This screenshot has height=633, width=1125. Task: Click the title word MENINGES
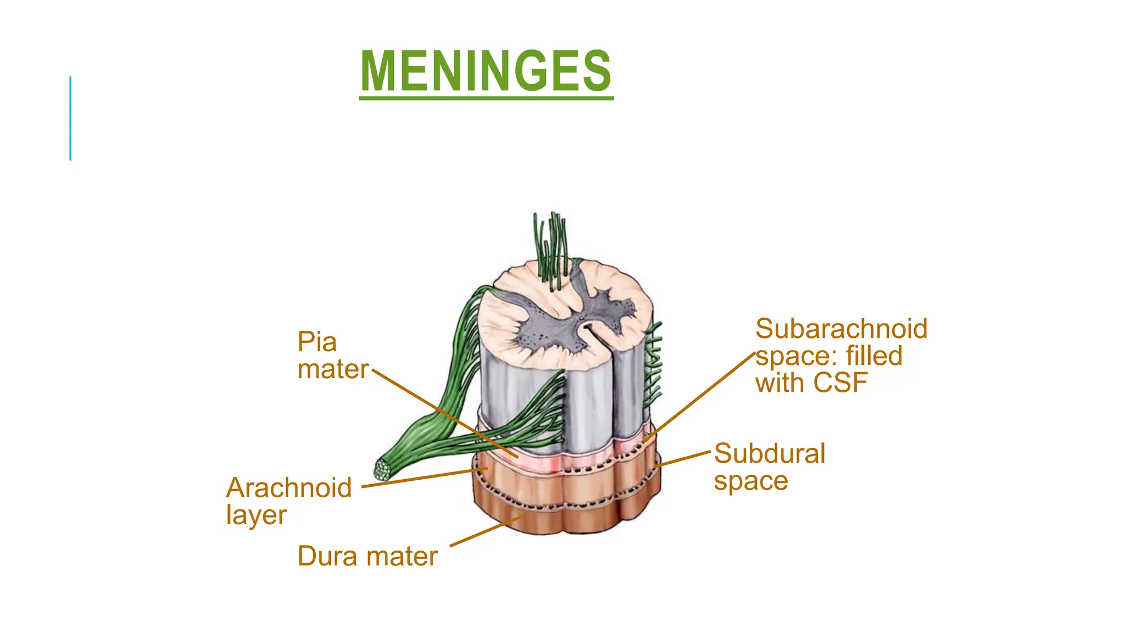(x=486, y=71)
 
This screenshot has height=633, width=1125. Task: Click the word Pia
(x=317, y=342)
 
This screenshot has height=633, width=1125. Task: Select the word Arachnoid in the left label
(x=289, y=487)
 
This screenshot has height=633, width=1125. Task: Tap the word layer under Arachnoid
(x=257, y=515)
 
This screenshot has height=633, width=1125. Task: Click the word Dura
(x=328, y=556)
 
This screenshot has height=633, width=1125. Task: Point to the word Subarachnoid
(x=842, y=329)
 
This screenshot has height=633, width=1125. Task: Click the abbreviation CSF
(x=840, y=383)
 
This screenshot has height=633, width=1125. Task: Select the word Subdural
(x=770, y=454)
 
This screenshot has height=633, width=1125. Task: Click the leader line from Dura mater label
(x=487, y=531)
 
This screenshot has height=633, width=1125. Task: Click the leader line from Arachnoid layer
(x=425, y=477)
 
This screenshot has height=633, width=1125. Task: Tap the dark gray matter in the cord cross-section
(x=577, y=319)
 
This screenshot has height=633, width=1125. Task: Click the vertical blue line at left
(x=70, y=118)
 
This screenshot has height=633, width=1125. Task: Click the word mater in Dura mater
(x=403, y=556)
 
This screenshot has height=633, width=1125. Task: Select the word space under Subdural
(x=751, y=482)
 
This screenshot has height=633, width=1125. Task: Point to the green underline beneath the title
(x=486, y=98)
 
